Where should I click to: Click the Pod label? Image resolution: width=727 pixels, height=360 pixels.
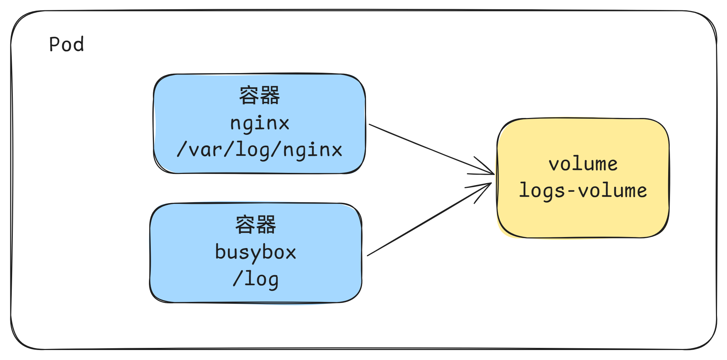(x=67, y=45)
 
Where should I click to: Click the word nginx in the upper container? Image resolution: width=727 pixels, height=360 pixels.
(x=259, y=123)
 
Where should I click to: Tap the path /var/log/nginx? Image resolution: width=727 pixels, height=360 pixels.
(x=259, y=150)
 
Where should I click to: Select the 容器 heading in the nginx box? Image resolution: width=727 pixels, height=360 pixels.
(x=259, y=96)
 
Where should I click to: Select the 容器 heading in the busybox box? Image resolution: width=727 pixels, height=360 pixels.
(x=256, y=225)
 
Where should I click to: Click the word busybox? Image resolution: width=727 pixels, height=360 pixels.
(x=256, y=252)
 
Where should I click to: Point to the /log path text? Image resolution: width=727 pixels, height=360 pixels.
(x=256, y=279)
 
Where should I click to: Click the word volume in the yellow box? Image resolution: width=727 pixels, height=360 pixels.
(x=583, y=164)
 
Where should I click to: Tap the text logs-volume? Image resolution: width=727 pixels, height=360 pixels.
(x=583, y=190)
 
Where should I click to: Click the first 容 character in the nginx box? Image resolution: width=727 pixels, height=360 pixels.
(x=249, y=96)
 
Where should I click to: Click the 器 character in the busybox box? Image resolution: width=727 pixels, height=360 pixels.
(x=266, y=225)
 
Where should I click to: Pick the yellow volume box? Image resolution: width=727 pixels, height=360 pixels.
(x=583, y=221)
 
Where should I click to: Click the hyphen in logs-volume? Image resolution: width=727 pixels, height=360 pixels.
(x=571, y=191)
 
